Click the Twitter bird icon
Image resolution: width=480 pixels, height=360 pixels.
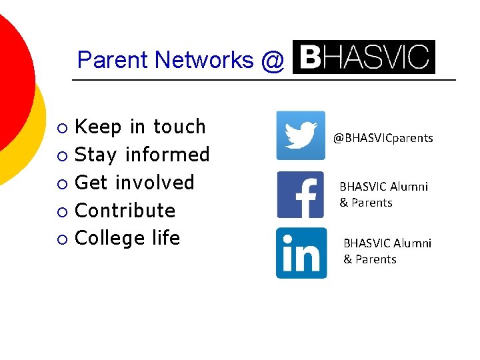coord(301,135)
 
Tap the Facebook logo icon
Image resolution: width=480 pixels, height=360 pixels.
coord(300,195)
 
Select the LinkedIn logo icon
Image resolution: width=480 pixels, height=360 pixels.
coord(301,253)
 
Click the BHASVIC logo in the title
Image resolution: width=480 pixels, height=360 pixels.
coord(364,57)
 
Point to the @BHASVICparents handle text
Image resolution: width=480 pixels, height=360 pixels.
coord(383,138)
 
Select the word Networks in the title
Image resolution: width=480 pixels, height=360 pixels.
coord(204,60)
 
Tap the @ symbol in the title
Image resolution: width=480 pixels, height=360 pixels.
coord(273,61)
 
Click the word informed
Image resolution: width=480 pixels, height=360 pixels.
coord(167,155)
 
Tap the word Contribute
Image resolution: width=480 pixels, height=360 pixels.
coord(125,211)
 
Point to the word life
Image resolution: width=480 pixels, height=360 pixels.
coord(165,238)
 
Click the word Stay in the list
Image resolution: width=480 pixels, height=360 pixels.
coord(96,155)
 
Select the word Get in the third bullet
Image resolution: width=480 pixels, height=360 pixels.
coord(92,183)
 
